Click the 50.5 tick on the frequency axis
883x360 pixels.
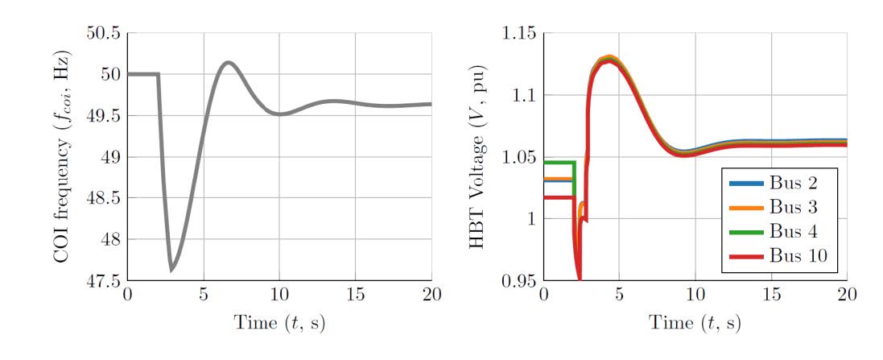click(103, 34)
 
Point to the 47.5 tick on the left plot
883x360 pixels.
click(103, 280)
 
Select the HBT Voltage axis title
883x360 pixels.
click(479, 156)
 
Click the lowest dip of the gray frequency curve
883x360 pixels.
click(171, 269)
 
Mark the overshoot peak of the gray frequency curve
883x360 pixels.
click(229, 62)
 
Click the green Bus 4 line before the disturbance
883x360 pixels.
click(559, 163)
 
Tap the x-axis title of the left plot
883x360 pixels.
click(279, 324)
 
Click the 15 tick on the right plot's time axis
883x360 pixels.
click(771, 294)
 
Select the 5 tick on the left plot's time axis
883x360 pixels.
click(204, 294)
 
